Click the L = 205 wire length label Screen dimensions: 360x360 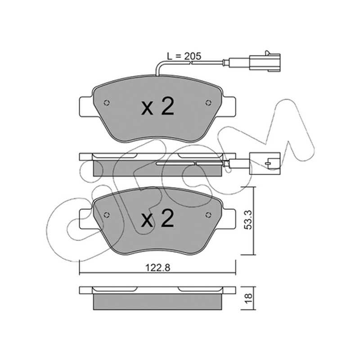(184, 56)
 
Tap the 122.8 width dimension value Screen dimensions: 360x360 (158, 267)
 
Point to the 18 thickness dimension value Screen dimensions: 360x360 (248, 298)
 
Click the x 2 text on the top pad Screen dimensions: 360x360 (157, 107)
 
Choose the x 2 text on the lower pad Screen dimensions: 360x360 (157, 219)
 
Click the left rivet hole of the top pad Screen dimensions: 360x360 (107, 103)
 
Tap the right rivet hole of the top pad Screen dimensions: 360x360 (208, 103)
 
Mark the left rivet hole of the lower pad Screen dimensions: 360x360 (107, 215)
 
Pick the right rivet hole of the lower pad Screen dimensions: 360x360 (208, 215)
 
